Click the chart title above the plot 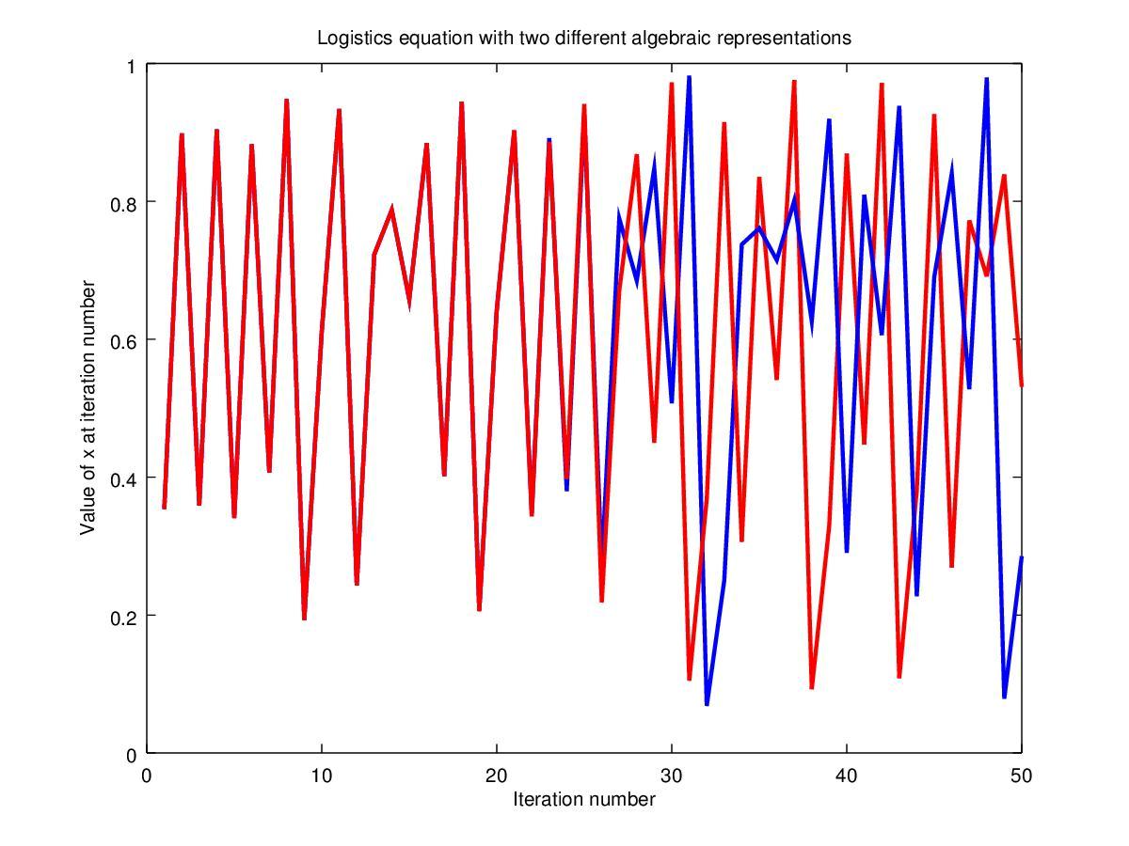point(583,39)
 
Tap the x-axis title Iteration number point(583,800)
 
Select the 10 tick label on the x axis point(322,775)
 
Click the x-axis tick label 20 point(497,775)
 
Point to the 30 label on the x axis point(672,775)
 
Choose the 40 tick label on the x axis point(847,775)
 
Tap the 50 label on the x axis point(1022,775)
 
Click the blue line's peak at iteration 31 point(690,78)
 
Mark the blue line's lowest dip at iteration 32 point(707,704)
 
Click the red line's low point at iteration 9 point(304,619)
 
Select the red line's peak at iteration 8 point(286,100)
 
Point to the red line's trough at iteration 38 point(811,687)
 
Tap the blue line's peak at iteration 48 point(986,79)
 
